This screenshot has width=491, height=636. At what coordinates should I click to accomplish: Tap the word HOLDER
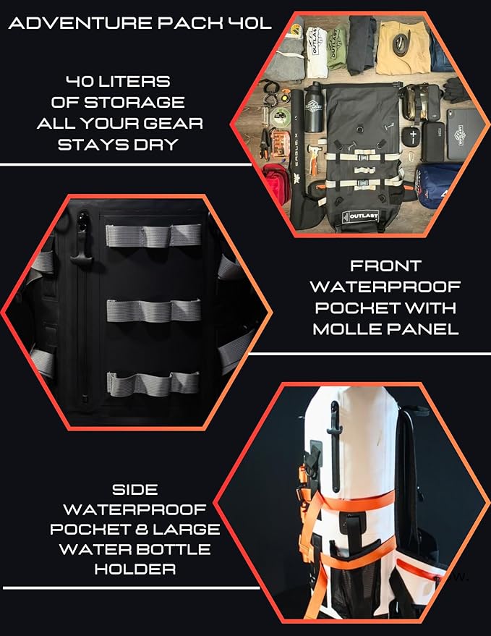[x=135, y=569]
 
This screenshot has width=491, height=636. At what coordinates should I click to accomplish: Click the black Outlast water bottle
[x=313, y=107]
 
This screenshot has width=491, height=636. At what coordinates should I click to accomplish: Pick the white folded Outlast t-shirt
[x=316, y=51]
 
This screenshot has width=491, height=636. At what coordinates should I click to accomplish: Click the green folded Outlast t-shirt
[x=336, y=49]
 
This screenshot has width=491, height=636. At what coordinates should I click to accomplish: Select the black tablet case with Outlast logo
[x=465, y=135]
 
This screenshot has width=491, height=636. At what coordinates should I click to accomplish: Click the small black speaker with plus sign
[x=413, y=136]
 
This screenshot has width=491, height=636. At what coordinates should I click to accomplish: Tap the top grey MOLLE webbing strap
[x=153, y=236]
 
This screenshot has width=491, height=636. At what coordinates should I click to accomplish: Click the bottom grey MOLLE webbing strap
[x=153, y=383]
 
